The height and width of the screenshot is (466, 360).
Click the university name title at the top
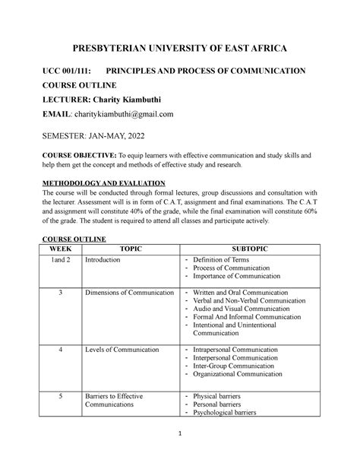(179, 49)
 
